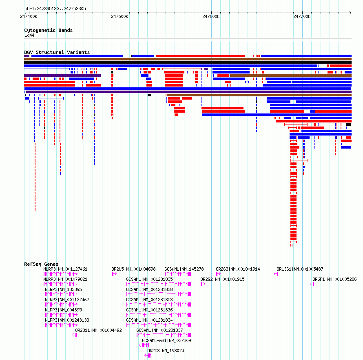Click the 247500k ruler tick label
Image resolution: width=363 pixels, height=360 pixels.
[x=120, y=16]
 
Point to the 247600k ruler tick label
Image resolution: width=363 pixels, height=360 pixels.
[x=211, y=16]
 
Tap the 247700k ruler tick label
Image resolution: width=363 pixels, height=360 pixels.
[x=302, y=16]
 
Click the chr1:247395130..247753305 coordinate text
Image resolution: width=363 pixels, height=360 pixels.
[x=55, y=9]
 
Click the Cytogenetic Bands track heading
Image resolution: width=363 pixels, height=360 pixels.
[x=48, y=30]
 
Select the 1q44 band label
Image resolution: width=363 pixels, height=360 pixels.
[x=29, y=36]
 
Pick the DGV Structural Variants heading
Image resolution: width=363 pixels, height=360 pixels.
[x=57, y=52]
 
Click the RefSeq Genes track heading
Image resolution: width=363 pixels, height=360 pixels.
[x=41, y=264]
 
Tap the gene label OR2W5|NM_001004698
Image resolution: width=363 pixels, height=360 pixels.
[x=133, y=269]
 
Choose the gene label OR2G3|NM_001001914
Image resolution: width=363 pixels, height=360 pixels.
[x=238, y=269]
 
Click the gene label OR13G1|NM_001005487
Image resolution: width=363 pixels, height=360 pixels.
[x=300, y=269]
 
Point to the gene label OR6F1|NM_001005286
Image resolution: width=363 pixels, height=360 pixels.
[x=334, y=279]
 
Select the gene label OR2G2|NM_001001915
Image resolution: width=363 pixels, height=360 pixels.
[x=222, y=279]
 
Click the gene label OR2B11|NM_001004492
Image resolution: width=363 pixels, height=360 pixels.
[x=98, y=330]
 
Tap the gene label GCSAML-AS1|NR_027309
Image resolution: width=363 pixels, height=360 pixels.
[x=166, y=340]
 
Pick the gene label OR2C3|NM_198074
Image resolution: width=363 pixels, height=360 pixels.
[x=166, y=351]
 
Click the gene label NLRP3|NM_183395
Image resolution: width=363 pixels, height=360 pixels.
[x=63, y=289]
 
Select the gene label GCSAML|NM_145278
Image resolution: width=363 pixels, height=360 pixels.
[x=184, y=269]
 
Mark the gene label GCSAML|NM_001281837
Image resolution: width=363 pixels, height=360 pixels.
[x=159, y=330]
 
